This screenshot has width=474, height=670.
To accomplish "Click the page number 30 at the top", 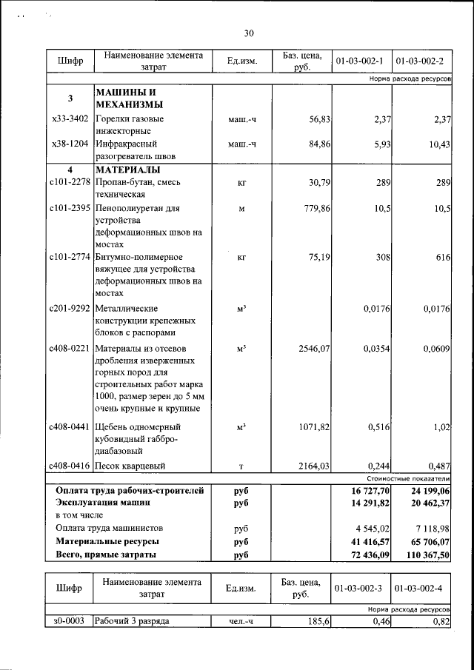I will (249, 33).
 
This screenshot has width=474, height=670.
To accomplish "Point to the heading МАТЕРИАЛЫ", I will (125, 169).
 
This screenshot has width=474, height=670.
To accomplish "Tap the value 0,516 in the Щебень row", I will (378, 427).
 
